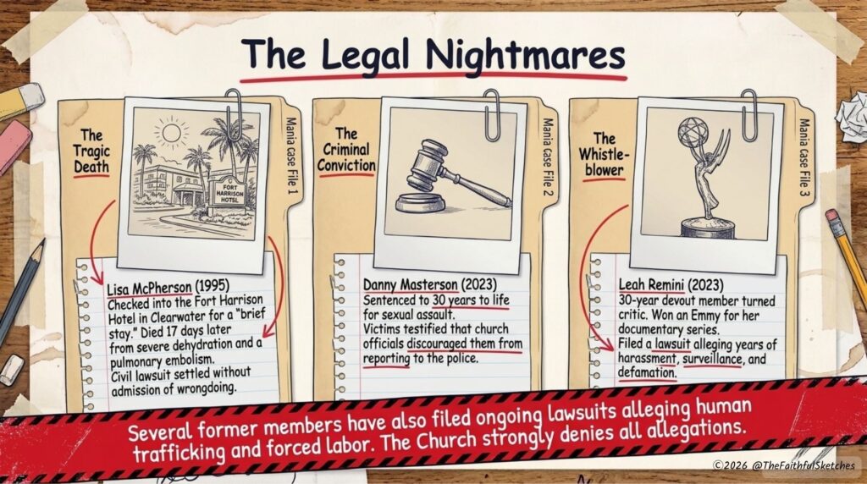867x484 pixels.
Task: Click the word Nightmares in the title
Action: tap(525, 57)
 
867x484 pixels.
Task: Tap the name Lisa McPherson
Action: tap(149, 288)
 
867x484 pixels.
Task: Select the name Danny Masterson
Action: tap(411, 284)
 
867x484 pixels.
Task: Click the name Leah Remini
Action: tap(651, 285)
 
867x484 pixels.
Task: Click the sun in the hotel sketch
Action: tap(171, 133)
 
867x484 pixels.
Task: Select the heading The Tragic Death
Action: tap(91, 151)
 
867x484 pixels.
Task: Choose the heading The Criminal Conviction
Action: tap(346, 150)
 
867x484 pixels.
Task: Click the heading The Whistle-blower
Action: tap(604, 154)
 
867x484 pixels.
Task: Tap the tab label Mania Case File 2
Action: tap(547, 157)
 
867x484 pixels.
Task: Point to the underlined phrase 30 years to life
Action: tap(471, 300)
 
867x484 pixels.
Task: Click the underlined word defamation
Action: tap(646, 372)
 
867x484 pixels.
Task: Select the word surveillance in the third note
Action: tap(712, 359)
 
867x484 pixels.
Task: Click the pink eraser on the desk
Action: tap(14, 146)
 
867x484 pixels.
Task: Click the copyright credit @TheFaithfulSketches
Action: tap(803, 465)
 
